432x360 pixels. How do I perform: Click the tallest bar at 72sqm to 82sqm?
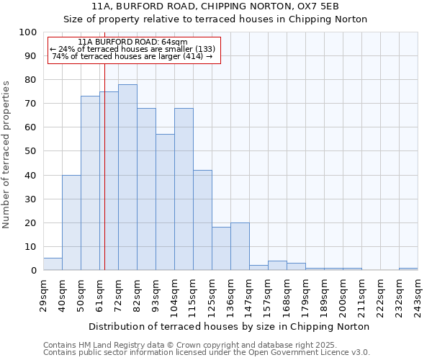point(127,177)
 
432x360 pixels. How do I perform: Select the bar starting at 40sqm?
point(71,222)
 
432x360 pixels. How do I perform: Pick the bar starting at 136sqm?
point(240,246)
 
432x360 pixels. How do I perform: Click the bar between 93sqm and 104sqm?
point(165,202)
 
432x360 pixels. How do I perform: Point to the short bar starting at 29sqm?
point(53,264)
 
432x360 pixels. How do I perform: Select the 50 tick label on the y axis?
point(31,151)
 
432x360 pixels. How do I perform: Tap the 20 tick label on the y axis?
point(31,222)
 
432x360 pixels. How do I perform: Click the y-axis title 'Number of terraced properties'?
point(6,155)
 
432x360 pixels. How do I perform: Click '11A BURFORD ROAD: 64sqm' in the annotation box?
point(132,42)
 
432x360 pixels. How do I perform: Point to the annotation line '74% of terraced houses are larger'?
point(132,56)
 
